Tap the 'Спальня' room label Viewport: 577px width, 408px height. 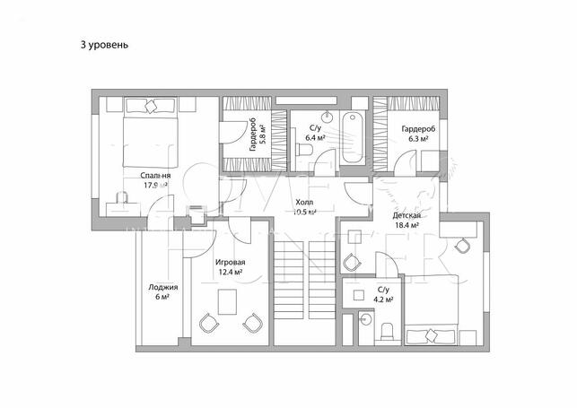[x=156, y=175]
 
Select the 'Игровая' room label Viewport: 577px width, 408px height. [x=230, y=263]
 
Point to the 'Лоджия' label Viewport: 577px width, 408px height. [x=163, y=287]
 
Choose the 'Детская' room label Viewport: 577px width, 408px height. [x=407, y=216]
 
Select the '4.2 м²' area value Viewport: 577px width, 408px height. [x=382, y=299]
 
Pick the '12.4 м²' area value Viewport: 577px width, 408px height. [x=230, y=273]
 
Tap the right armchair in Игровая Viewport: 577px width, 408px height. [x=253, y=321]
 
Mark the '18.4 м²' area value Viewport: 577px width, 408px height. [x=407, y=227]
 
